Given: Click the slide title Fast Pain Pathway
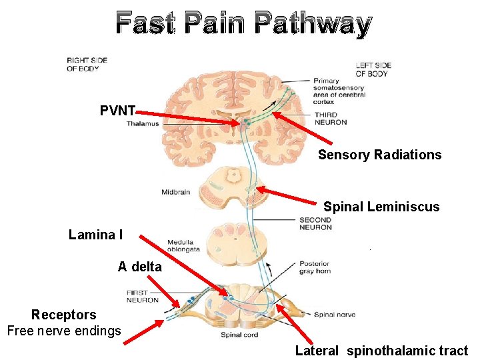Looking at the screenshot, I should pyautogui.click(x=243, y=24).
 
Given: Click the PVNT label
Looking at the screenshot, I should pyautogui.click(x=118, y=111).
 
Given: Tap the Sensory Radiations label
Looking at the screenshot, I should pyautogui.click(x=379, y=155).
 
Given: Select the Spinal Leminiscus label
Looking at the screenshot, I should pyautogui.click(x=381, y=207).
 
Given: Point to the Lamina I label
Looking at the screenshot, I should pyautogui.click(x=95, y=235).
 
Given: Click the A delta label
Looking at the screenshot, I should pyautogui.click(x=139, y=267).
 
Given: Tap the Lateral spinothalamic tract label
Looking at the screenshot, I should pyautogui.click(x=381, y=351).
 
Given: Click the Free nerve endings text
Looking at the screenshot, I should pyautogui.click(x=64, y=330).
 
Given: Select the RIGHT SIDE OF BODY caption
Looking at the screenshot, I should pyautogui.click(x=87, y=64).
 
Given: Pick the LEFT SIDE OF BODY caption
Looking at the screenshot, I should pyautogui.click(x=373, y=69).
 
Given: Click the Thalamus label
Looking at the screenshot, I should pyautogui.click(x=143, y=124).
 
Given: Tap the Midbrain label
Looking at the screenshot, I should pyautogui.click(x=175, y=192).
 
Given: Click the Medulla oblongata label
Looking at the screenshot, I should pyautogui.click(x=183, y=245).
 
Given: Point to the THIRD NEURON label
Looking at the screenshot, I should pyautogui.click(x=331, y=119).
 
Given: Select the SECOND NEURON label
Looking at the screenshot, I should pyautogui.click(x=315, y=223).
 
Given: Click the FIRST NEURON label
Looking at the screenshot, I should pyautogui.click(x=142, y=297).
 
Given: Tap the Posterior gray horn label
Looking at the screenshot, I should pyautogui.click(x=315, y=267).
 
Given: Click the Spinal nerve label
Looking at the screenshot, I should pyautogui.click(x=334, y=315).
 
